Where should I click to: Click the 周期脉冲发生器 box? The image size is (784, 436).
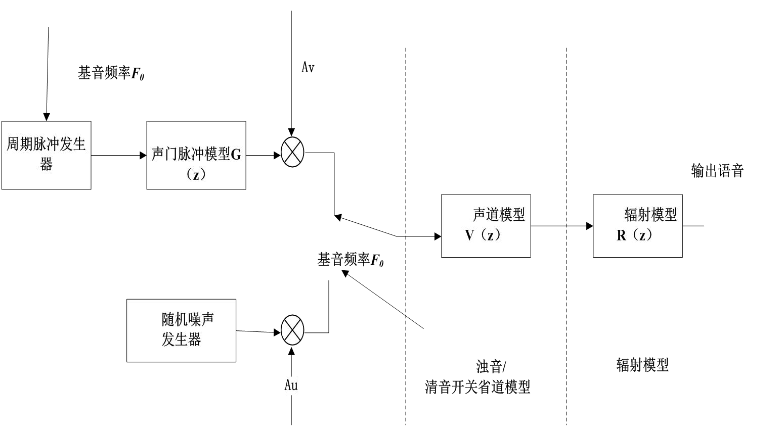(46, 155)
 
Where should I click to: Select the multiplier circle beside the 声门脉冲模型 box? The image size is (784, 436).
(292, 152)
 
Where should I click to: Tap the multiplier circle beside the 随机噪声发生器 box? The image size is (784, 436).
(292, 330)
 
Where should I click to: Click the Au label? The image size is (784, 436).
(291, 385)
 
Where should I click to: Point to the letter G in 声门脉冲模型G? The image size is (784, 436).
(236, 155)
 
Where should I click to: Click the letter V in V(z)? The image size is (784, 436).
(469, 235)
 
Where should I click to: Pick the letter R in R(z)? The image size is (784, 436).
(622, 235)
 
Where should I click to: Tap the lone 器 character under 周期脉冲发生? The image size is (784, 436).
(46, 165)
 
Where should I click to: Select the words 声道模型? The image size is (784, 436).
(499, 215)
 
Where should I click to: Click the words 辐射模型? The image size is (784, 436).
(650, 215)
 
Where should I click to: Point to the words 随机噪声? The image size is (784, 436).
(188, 319)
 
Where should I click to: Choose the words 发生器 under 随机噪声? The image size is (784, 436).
(181, 340)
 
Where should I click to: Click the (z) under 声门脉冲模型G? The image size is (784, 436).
(196, 175)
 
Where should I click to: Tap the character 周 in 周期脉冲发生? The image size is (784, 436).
(13, 144)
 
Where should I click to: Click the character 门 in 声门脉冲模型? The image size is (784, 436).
(171, 154)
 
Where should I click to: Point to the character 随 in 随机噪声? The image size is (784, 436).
(168, 319)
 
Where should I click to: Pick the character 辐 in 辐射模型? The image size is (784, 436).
(631, 215)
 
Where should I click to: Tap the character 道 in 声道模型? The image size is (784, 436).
(492, 215)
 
